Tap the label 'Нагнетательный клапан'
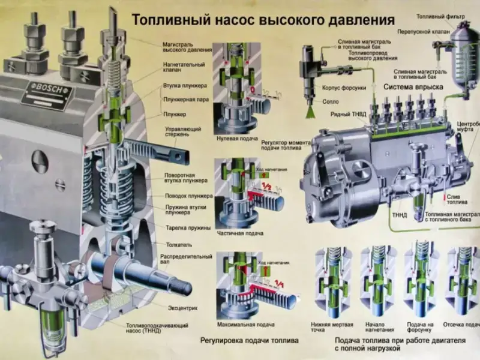click(x=184, y=68)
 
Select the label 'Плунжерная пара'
click(x=185, y=100)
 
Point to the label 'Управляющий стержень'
click(x=183, y=131)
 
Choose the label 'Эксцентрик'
click(x=183, y=308)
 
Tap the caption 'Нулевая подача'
click(x=236, y=139)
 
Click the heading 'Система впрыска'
click(x=413, y=87)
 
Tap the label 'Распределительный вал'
click(x=186, y=260)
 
